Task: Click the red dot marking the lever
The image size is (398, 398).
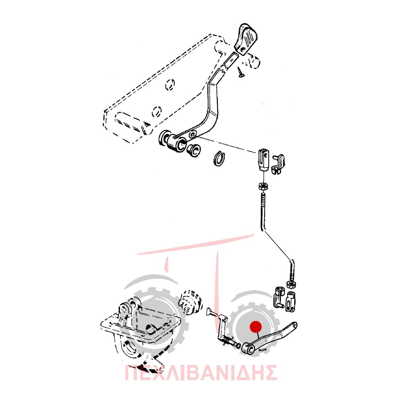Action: click(x=256, y=327)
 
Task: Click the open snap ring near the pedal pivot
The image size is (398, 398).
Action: click(x=219, y=158)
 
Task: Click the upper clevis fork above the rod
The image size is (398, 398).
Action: click(x=263, y=160)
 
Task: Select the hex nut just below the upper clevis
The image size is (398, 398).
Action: click(x=263, y=187)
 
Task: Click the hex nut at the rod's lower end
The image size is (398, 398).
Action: click(x=291, y=284)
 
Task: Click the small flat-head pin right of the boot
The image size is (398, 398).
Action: click(x=211, y=312)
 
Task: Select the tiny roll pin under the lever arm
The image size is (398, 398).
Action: click(x=262, y=349)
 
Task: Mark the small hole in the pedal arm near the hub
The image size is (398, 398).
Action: click(x=193, y=134)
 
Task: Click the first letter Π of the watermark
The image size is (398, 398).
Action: click(x=133, y=373)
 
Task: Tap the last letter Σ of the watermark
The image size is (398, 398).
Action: click(x=269, y=373)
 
